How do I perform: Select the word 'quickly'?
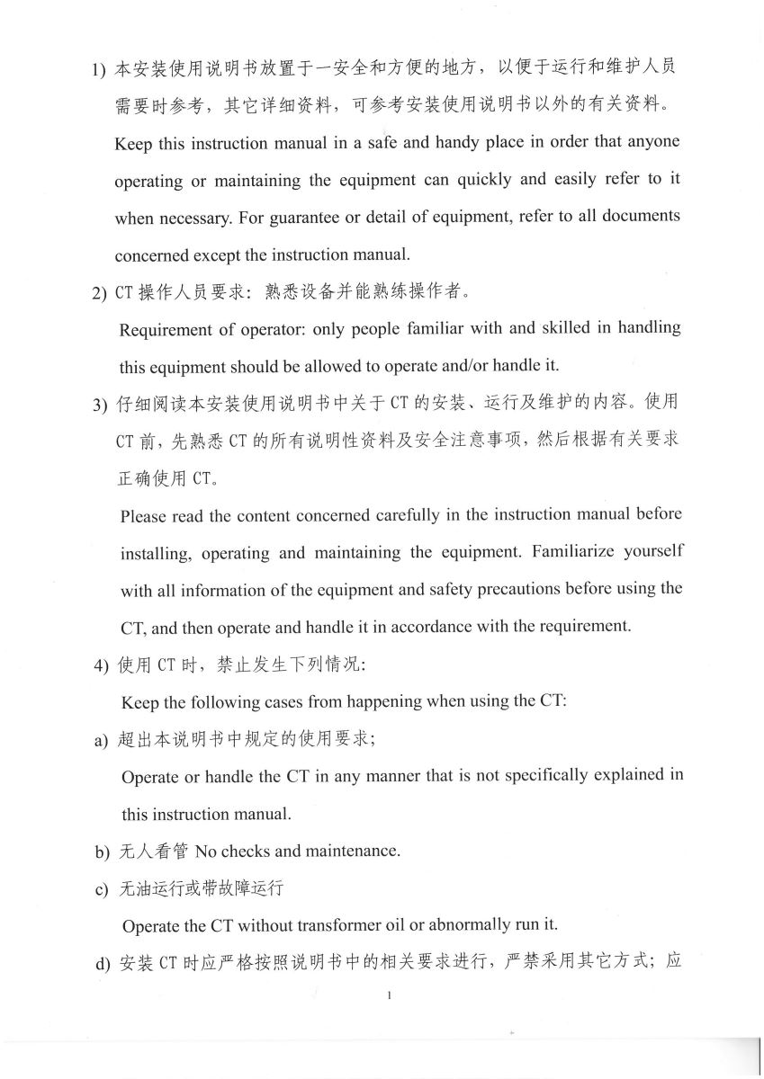[x=487, y=179]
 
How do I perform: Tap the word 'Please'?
[x=143, y=515]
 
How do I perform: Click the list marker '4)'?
[x=101, y=666]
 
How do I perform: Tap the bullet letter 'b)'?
[x=102, y=851]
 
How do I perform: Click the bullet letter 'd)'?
[x=102, y=964]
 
